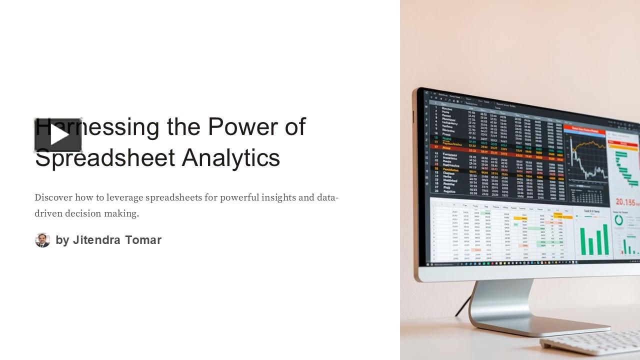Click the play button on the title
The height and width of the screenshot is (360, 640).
point(58,135)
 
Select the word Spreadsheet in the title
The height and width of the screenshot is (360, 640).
point(105,157)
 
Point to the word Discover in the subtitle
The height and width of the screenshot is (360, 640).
point(53,197)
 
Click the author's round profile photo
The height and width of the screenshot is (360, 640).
point(42,240)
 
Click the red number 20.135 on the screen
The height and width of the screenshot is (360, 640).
point(625,202)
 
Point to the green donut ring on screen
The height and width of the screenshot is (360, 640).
point(619,219)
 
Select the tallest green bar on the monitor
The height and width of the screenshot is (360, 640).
point(605,239)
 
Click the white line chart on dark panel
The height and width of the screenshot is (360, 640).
point(587,160)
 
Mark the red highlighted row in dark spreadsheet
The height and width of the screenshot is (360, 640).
point(495,148)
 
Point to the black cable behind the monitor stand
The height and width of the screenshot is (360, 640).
point(463,306)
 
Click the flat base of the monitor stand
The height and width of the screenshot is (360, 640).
point(540,327)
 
